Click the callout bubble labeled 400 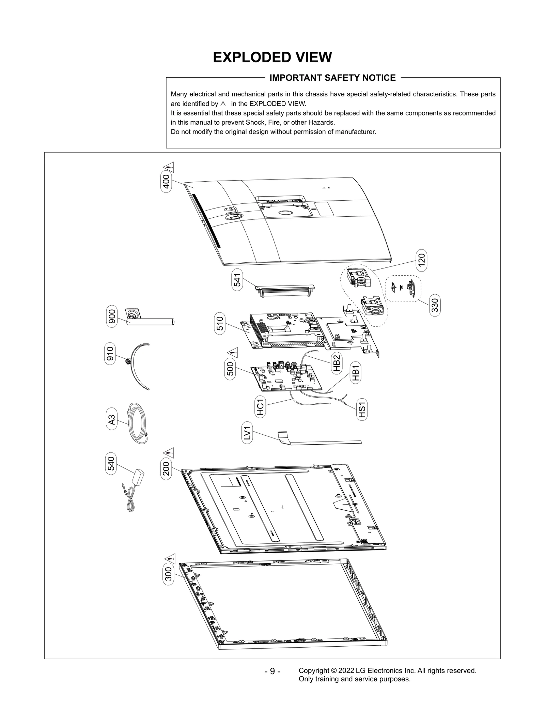click(166, 183)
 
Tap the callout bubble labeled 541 click(237, 280)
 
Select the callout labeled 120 click(421, 261)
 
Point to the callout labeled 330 click(435, 305)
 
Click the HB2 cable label click(336, 363)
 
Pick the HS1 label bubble click(362, 410)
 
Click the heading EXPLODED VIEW click(272, 58)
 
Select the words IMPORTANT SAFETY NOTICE click(332, 78)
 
